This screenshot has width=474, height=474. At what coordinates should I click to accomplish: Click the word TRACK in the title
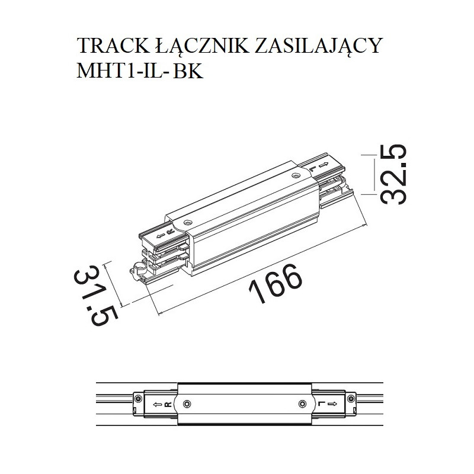(x=107, y=46)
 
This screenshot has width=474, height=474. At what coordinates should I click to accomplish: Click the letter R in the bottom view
(x=168, y=405)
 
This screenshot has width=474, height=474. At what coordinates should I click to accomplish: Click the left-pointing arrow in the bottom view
(x=156, y=405)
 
